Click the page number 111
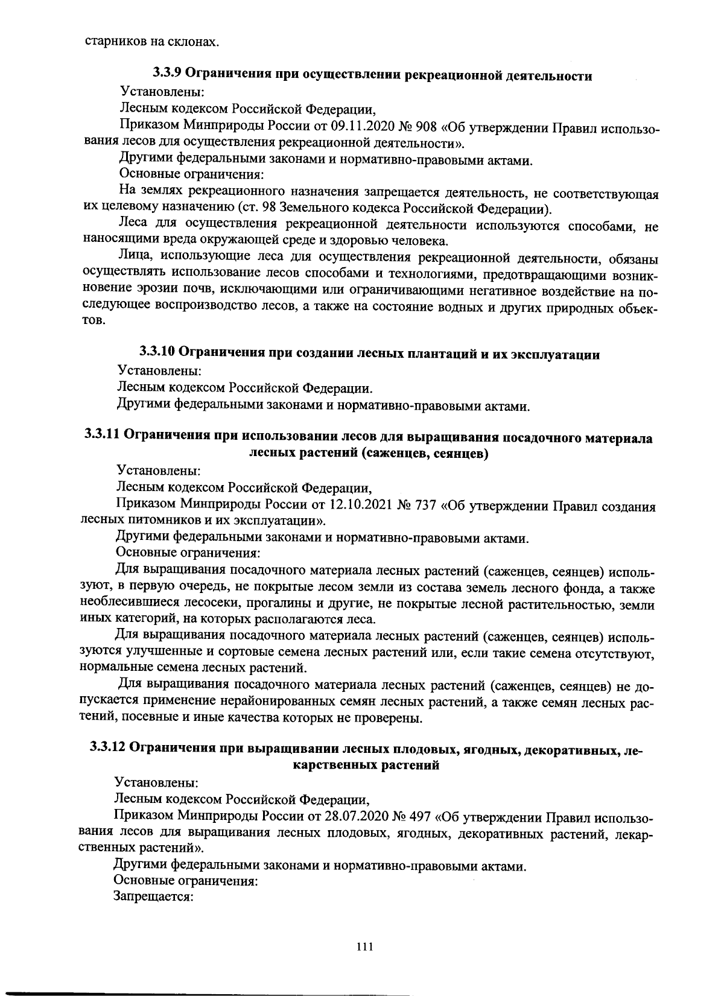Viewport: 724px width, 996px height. tap(365, 947)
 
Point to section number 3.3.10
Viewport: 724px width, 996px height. tap(158, 352)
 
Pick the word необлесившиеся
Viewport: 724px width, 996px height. tap(127, 603)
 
